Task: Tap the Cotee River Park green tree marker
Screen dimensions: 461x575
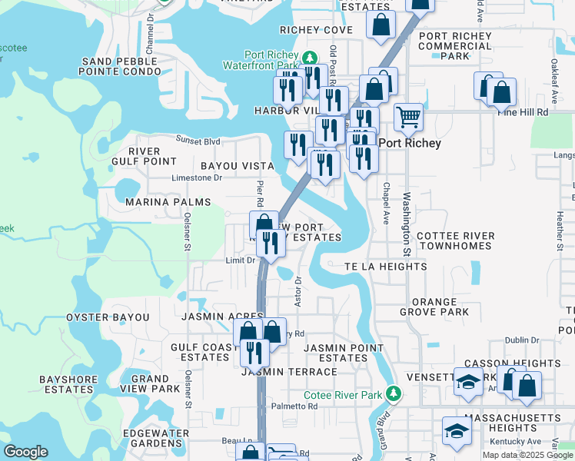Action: pyautogui.click(x=394, y=394)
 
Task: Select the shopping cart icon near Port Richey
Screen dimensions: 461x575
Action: pyautogui.click(x=408, y=118)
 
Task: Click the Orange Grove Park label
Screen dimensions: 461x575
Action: pyautogui.click(x=434, y=307)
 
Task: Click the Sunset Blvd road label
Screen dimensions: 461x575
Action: pyautogui.click(x=198, y=141)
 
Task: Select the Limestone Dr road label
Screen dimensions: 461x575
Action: pyautogui.click(x=196, y=177)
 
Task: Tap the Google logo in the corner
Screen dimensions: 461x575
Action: pyautogui.click(x=25, y=452)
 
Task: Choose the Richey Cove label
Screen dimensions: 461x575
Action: pyautogui.click(x=316, y=30)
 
